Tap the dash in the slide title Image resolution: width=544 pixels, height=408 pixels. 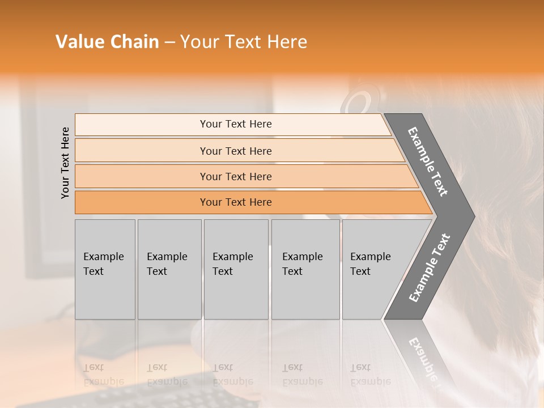click(x=169, y=42)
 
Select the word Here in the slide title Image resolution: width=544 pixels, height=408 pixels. click(x=287, y=42)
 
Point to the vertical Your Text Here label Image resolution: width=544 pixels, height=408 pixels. click(x=65, y=163)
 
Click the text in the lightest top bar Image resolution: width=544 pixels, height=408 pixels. click(x=236, y=124)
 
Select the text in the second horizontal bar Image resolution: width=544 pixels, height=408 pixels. click(x=236, y=151)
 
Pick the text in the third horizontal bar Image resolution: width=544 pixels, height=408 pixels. click(x=236, y=177)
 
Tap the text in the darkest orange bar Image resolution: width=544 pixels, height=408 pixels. click(x=236, y=202)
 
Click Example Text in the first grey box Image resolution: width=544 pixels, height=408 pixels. click(x=103, y=264)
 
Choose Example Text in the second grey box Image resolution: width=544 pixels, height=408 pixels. click(x=167, y=264)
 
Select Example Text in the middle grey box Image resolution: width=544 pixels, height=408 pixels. click(x=232, y=264)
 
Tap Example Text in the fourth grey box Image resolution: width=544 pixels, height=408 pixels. click(x=302, y=264)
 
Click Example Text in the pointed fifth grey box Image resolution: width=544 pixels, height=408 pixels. click(x=370, y=264)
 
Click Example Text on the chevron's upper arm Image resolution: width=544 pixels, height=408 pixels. click(x=428, y=161)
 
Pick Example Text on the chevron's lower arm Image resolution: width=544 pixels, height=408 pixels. click(x=430, y=267)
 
